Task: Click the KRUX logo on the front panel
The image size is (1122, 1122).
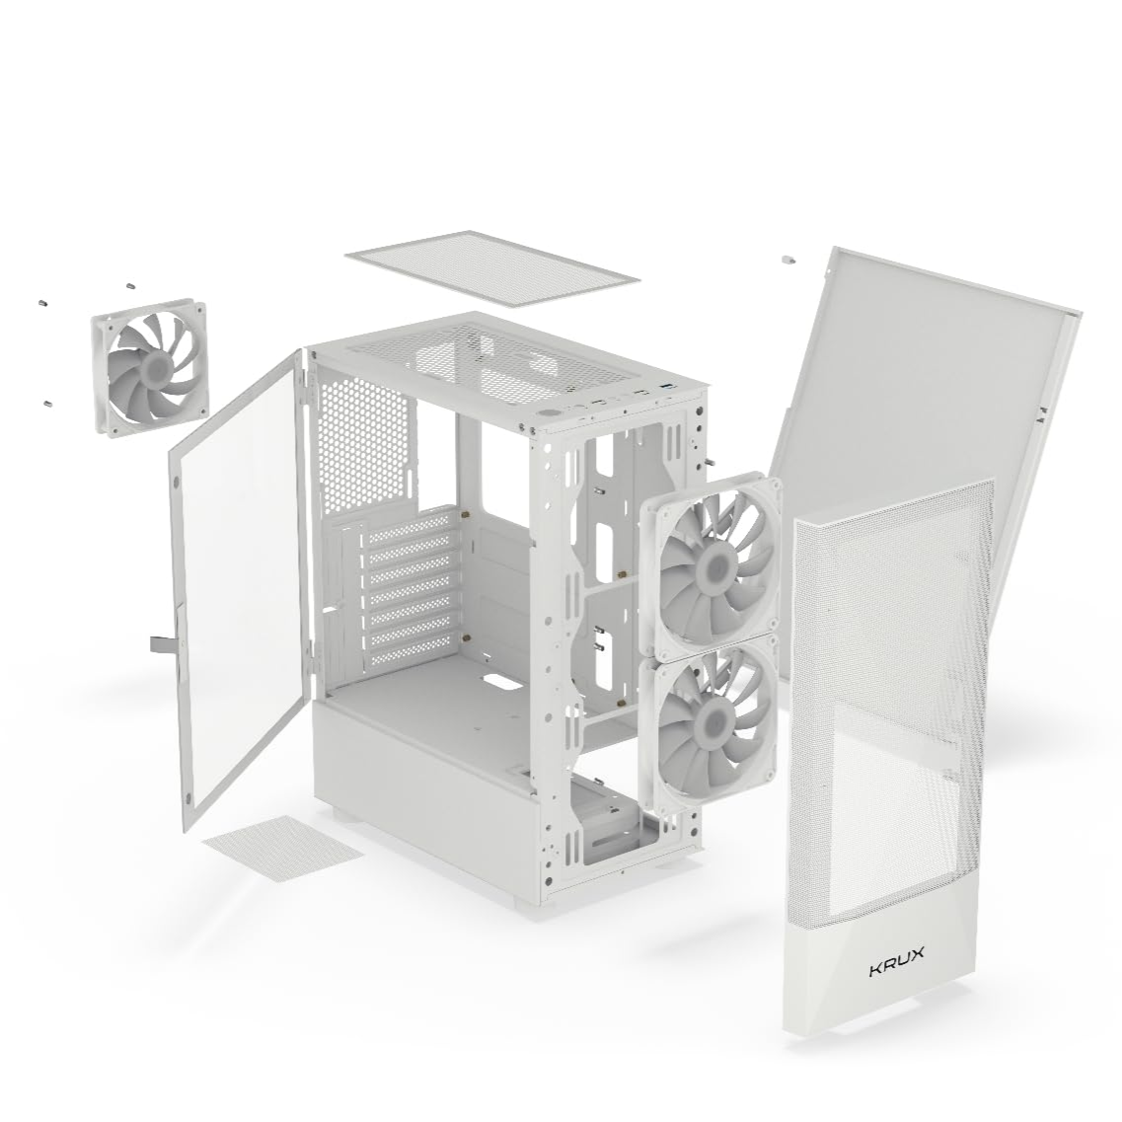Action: tap(896, 970)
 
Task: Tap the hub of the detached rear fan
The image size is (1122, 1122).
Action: tap(151, 367)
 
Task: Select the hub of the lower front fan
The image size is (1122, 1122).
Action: tap(708, 717)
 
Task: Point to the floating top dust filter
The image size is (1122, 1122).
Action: tap(492, 267)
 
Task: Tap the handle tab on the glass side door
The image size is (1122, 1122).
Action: tap(161, 643)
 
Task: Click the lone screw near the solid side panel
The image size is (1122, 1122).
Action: tap(787, 259)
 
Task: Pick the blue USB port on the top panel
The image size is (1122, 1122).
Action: tap(670, 387)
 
